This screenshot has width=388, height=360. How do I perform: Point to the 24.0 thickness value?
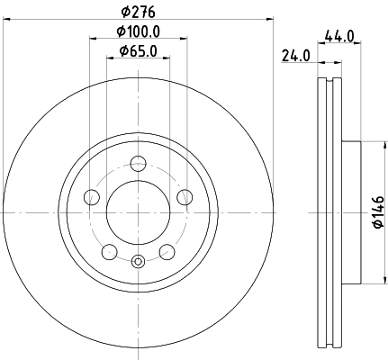point(295,55)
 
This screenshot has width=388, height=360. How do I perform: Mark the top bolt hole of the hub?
point(138,164)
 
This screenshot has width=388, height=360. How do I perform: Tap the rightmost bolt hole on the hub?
point(185,198)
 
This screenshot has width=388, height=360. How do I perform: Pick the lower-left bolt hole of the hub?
point(108,253)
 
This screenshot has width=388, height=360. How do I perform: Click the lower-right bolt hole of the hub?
point(167,253)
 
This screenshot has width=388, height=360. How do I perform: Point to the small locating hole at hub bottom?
point(138,262)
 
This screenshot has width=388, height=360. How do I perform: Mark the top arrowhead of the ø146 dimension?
point(360,144)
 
